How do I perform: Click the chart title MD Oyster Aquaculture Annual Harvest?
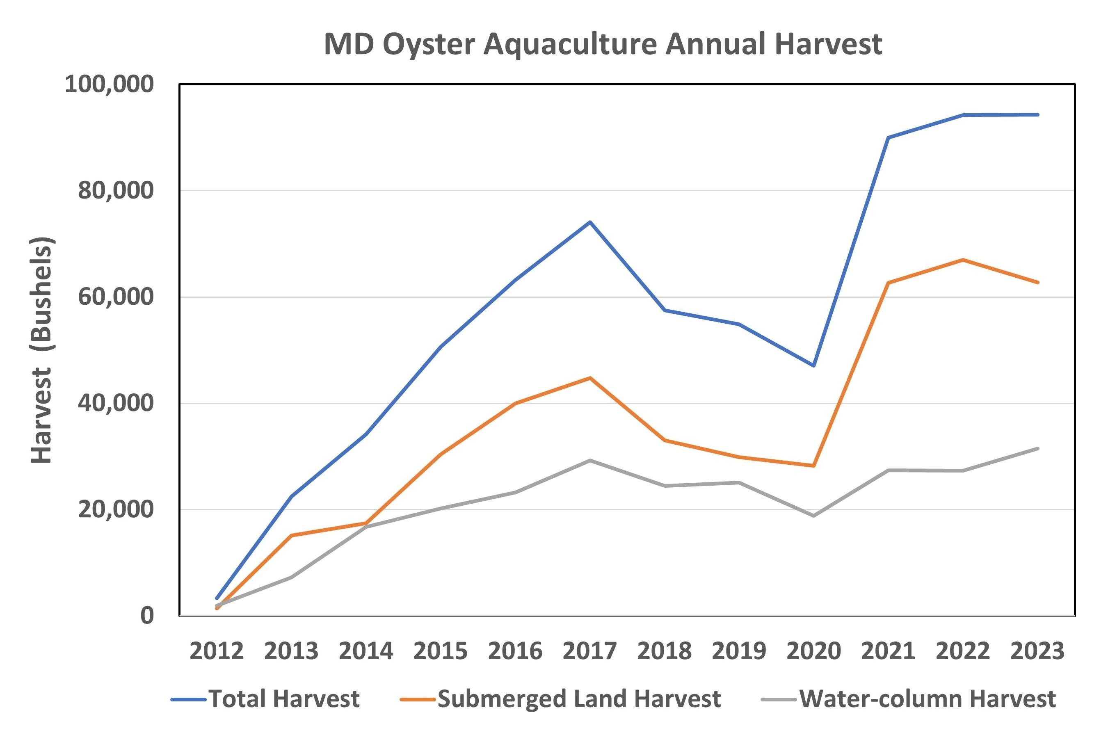click(x=603, y=44)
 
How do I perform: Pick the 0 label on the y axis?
click(x=147, y=616)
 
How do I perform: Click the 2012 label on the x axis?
click(x=217, y=651)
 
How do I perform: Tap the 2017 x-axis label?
click(x=590, y=651)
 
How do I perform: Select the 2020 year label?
click(x=813, y=651)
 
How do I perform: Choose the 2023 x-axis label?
click(x=1037, y=651)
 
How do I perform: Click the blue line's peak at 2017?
click(x=590, y=222)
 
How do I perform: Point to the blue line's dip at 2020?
click(x=813, y=366)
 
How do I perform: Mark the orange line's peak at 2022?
click(x=963, y=260)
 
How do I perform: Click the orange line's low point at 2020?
click(x=813, y=466)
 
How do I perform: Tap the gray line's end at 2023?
click(x=1037, y=448)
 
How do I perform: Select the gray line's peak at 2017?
click(x=590, y=460)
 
